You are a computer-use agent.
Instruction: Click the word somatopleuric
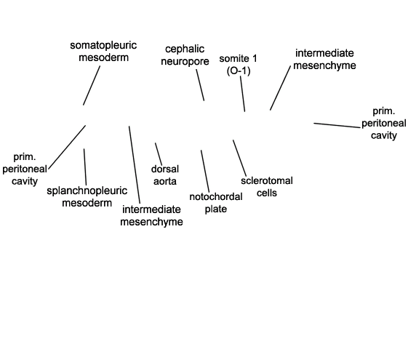pyautogui.click(x=103, y=46)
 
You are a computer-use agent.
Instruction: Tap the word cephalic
pyautogui.click(x=185, y=49)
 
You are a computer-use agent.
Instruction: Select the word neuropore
pyautogui.click(x=185, y=62)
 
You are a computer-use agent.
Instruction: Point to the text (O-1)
pyautogui.click(x=239, y=71)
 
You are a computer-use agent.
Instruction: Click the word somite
pyautogui.click(x=234, y=58)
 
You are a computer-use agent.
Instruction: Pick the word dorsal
pyautogui.click(x=165, y=169)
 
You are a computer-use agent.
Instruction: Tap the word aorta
pyautogui.click(x=165, y=181)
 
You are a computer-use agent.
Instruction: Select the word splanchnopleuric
pyautogui.click(x=87, y=191)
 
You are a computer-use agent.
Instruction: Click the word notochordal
pyautogui.click(x=216, y=197)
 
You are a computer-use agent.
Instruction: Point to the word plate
pyautogui.click(x=216, y=209)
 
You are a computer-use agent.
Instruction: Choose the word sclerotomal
pyautogui.click(x=267, y=181)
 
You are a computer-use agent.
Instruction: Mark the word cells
pyautogui.click(x=267, y=193)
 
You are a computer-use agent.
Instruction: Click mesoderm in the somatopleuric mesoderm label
pyautogui.click(x=103, y=57)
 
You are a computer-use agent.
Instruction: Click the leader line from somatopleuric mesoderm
pyautogui.click(x=92, y=86)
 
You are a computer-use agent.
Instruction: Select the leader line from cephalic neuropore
pyautogui.click(x=200, y=85)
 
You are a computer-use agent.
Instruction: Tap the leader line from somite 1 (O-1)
pyautogui.click(x=242, y=94)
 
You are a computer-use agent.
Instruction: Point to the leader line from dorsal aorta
pyautogui.click(x=159, y=154)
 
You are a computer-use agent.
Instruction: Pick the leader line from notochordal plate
pyautogui.click(x=205, y=171)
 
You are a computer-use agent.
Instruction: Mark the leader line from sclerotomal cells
pyautogui.click(x=239, y=158)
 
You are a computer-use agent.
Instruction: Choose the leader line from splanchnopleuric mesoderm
pyautogui.click(x=85, y=167)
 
